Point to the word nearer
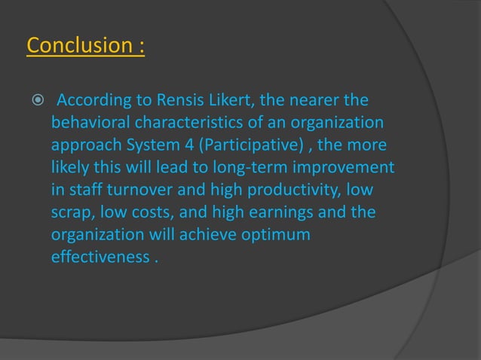click(329, 100)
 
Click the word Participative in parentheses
click(244, 142)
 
